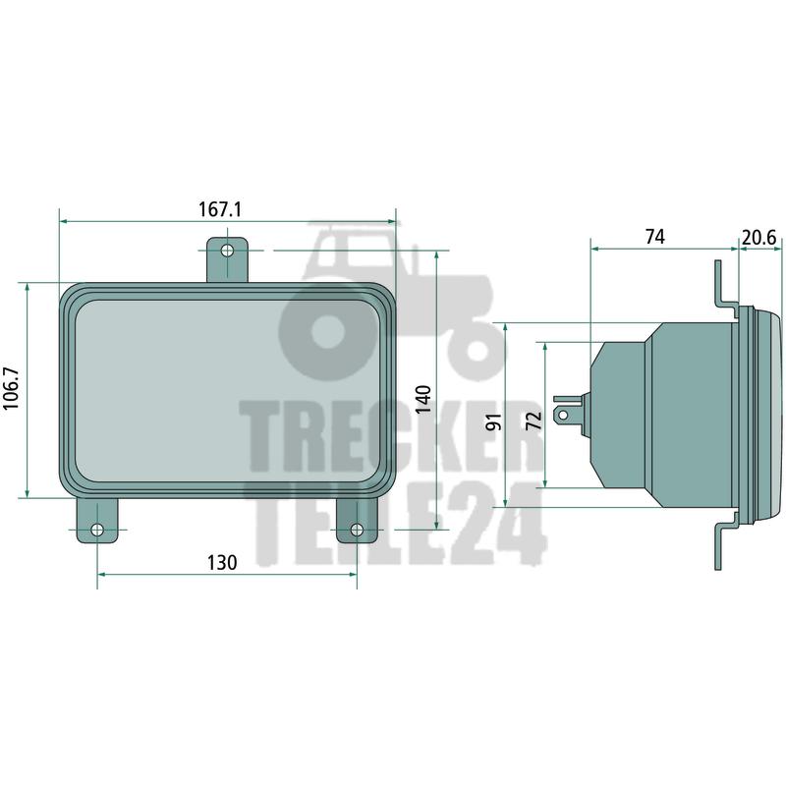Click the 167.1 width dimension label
tap(220, 209)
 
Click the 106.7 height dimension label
tap(11, 388)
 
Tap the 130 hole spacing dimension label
tap(222, 562)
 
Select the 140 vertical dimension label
tap(424, 399)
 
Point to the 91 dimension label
tap(494, 422)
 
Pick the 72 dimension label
tap(534, 421)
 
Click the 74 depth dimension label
tap(655, 237)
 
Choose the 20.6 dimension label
tap(758, 238)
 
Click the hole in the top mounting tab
tap(227, 250)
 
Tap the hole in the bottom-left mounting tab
tap(97, 530)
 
